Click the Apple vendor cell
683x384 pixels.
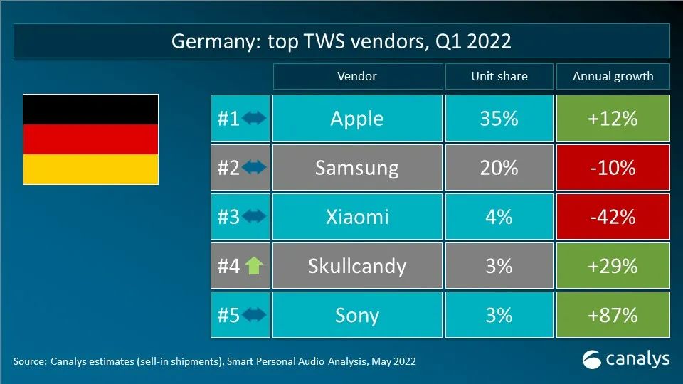(356, 118)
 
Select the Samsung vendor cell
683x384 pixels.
(356, 168)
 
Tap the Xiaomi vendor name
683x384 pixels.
(356, 217)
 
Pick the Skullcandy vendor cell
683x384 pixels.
(356, 266)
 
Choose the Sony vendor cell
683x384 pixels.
(356, 314)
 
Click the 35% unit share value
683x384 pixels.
(499, 118)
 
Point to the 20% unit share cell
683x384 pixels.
(499, 168)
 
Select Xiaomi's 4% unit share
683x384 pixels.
(499, 217)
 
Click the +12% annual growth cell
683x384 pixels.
(613, 118)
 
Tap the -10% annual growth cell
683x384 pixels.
(613, 168)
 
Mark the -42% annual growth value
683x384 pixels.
(613, 217)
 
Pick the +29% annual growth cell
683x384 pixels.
(613, 266)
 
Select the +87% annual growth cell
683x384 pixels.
(613, 314)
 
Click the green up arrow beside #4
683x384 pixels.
(254, 266)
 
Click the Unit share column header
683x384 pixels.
(499, 76)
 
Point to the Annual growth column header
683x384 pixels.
(613, 76)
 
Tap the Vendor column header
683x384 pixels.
(356, 76)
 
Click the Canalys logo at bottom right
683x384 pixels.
(626, 359)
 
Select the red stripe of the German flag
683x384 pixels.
(90, 139)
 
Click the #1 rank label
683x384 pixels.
(228, 118)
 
